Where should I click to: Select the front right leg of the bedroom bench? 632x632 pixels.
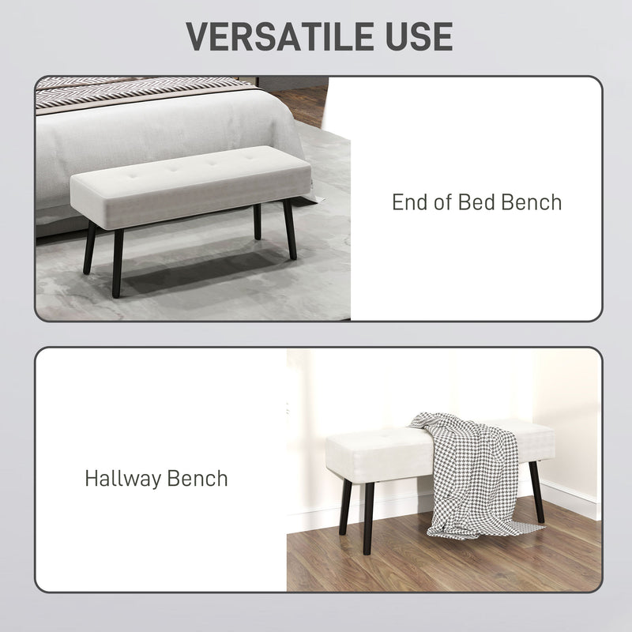point(290,229)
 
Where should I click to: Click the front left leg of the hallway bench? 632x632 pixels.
point(368,517)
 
